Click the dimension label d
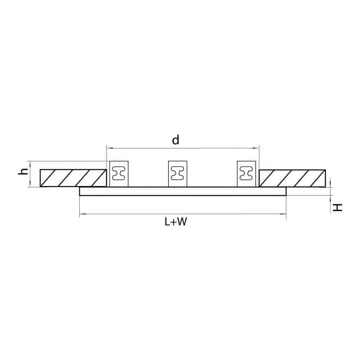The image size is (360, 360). [176, 140]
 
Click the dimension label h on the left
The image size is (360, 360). [23, 171]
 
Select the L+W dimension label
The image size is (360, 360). [176, 222]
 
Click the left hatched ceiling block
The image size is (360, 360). [73, 178]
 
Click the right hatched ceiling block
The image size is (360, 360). [292, 178]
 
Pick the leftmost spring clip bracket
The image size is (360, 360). [119, 174]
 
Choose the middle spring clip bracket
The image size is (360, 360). [177, 174]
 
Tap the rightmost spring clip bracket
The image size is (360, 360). [246, 174]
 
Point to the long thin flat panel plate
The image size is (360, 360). [183, 191]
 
